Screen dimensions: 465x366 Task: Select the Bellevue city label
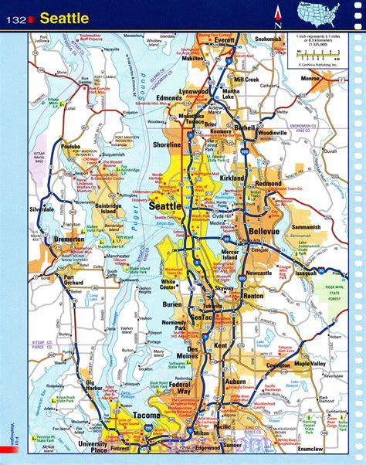pyautogui.click(x=265, y=232)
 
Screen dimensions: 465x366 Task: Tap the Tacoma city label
pyautogui.click(x=144, y=416)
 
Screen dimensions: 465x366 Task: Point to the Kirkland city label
pyautogui.click(x=231, y=178)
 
